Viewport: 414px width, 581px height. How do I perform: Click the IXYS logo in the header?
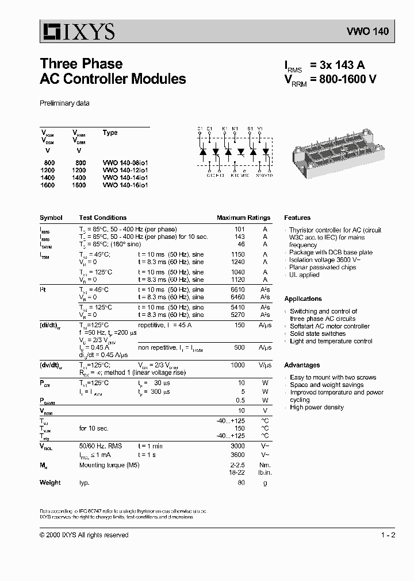[x=77, y=31]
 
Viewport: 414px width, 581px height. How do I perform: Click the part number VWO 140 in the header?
[x=367, y=32]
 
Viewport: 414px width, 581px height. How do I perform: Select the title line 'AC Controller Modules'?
[x=113, y=79]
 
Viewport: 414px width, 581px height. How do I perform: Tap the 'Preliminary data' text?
[x=64, y=103]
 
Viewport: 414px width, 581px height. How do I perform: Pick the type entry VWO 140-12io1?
[x=125, y=171]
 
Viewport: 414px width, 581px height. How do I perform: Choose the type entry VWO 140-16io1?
[x=125, y=185]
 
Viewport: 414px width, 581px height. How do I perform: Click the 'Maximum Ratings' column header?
[x=243, y=218]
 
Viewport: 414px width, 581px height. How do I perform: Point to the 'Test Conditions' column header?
[x=103, y=218]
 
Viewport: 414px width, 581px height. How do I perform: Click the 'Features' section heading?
[x=297, y=218]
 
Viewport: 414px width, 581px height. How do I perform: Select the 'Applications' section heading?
[x=303, y=299]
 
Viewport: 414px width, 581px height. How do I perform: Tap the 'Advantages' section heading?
[x=302, y=365]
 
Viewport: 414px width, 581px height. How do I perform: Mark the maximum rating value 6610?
[x=237, y=290]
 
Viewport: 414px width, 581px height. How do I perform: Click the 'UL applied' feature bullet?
[x=304, y=275]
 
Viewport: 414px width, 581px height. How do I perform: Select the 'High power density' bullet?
[x=316, y=408]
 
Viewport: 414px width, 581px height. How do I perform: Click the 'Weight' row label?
[x=50, y=483]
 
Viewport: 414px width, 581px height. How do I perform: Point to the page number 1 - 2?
[x=388, y=535]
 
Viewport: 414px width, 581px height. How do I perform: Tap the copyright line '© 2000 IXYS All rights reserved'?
[x=84, y=535]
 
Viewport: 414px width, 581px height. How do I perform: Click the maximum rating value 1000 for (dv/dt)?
[x=237, y=365]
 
